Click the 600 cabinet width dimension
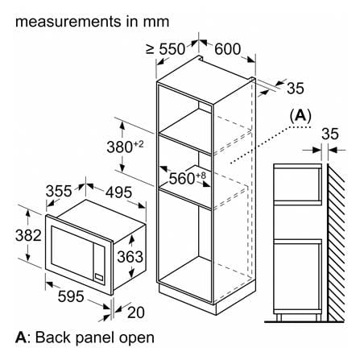[x=227, y=49]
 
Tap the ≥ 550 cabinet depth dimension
[x=166, y=49]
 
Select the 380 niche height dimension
[x=125, y=147]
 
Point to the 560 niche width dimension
[x=188, y=178]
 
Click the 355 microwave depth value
[x=59, y=191]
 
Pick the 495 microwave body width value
[x=118, y=192]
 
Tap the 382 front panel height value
[x=28, y=235]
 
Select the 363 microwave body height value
[x=130, y=257]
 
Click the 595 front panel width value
[x=71, y=296]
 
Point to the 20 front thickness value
[x=136, y=312]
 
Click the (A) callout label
[x=300, y=116]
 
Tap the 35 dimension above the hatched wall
[x=330, y=134]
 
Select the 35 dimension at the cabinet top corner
[x=296, y=88]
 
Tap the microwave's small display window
[x=99, y=277]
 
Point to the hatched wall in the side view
[x=336, y=242]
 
